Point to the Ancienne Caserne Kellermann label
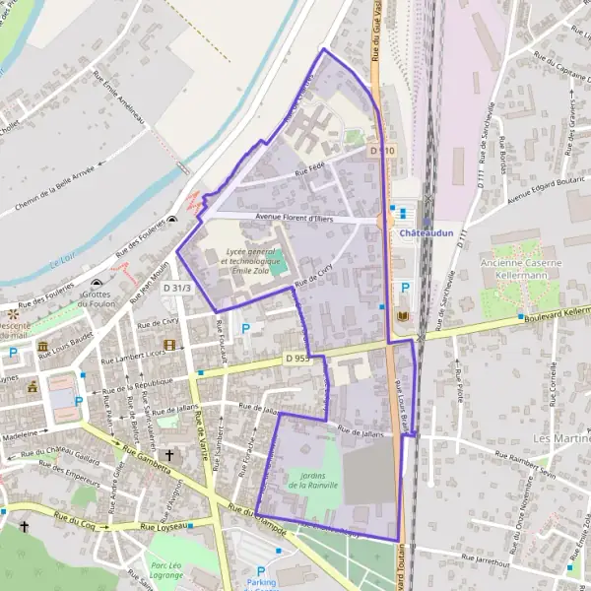[521, 269]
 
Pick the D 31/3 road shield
[178, 287]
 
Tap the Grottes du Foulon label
[97, 298]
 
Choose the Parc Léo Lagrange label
[168, 571]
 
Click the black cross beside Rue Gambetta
[169, 455]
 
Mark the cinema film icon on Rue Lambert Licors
[169, 346]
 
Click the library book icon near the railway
[403, 315]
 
